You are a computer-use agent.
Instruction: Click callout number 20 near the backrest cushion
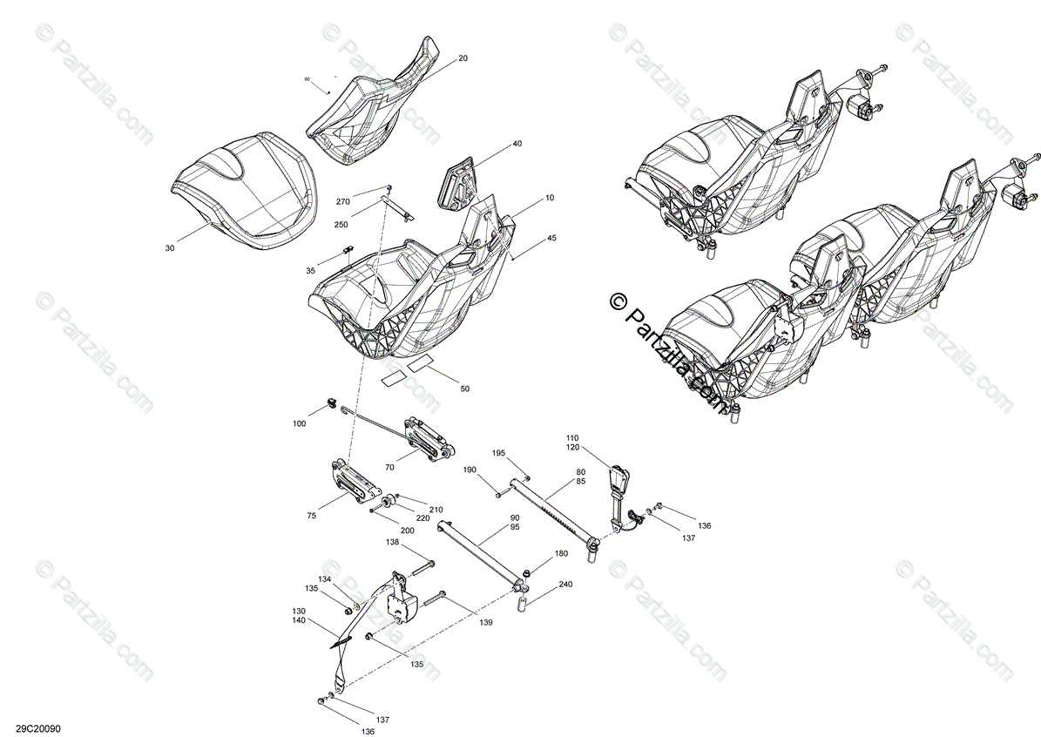click(x=463, y=58)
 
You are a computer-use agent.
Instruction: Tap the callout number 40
click(x=517, y=144)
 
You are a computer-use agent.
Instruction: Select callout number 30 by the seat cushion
click(x=170, y=248)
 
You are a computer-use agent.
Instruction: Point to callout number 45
click(x=551, y=238)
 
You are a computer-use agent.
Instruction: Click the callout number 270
click(x=342, y=201)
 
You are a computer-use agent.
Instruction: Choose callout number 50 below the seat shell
click(x=464, y=389)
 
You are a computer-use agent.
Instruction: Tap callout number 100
click(x=300, y=423)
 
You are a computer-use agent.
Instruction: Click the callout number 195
click(x=498, y=453)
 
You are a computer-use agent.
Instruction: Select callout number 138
click(x=392, y=542)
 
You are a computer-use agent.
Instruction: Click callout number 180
click(x=560, y=554)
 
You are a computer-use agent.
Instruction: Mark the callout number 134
click(x=324, y=579)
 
